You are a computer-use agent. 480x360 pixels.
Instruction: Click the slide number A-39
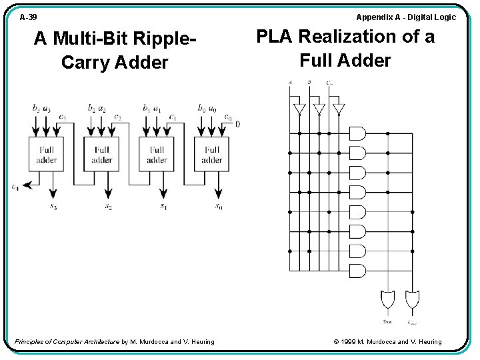[x=29, y=17]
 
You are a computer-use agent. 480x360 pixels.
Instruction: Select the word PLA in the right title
[x=273, y=36]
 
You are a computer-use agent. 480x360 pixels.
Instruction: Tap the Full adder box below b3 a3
[x=47, y=155]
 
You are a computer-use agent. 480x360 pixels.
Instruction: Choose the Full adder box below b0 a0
[x=212, y=155]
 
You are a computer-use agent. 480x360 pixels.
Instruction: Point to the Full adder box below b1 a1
[x=157, y=155]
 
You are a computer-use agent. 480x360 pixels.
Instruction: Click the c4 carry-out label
[x=15, y=187]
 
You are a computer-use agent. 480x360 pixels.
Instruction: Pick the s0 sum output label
[x=219, y=206]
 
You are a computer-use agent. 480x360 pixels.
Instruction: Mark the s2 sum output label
[x=108, y=206]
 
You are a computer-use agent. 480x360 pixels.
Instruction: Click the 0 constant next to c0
[x=238, y=124]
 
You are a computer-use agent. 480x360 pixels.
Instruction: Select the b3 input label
[x=35, y=107]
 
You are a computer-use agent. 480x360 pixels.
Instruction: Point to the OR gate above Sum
[x=387, y=300]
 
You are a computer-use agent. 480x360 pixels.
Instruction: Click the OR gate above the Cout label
[x=412, y=300]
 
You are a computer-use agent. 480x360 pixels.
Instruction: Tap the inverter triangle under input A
[x=299, y=109]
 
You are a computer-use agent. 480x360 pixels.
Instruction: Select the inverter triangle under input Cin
[x=338, y=109]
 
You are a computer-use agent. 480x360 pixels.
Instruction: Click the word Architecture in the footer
[x=97, y=342]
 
